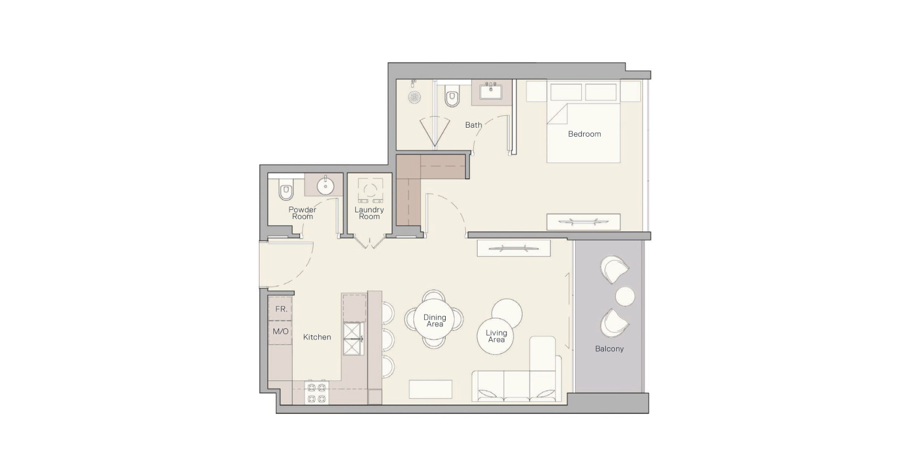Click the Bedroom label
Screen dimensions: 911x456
point(584,134)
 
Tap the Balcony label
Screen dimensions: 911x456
point(609,349)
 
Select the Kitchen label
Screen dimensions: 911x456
point(317,337)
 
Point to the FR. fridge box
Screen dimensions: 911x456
point(280,309)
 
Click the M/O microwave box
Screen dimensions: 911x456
point(280,332)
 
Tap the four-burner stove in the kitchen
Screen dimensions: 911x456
point(316,392)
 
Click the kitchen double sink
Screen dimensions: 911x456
point(353,339)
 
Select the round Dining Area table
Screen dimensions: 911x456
point(435,320)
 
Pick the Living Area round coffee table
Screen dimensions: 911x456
point(495,336)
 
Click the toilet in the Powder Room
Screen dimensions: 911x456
point(286,191)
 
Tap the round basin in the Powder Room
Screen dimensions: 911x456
point(325,186)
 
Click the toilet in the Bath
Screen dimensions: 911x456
point(452,96)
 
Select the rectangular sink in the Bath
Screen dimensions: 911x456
point(491,92)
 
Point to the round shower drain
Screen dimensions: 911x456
point(415,97)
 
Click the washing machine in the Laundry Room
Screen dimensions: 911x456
point(370,190)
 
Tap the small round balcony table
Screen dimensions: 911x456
point(625,296)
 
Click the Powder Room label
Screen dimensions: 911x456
point(302,213)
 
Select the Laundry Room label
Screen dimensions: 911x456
point(369,213)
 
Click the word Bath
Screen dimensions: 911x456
point(474,125)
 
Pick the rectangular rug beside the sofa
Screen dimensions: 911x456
point(430,390)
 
